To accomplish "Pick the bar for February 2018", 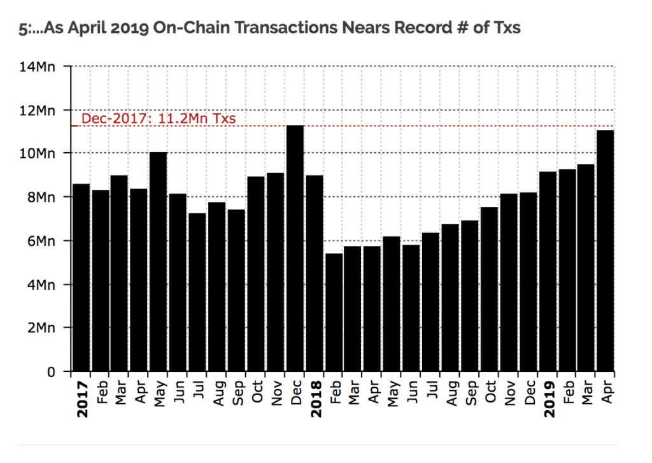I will click(334, 312).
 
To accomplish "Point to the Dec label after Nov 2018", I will click(530, 395).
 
